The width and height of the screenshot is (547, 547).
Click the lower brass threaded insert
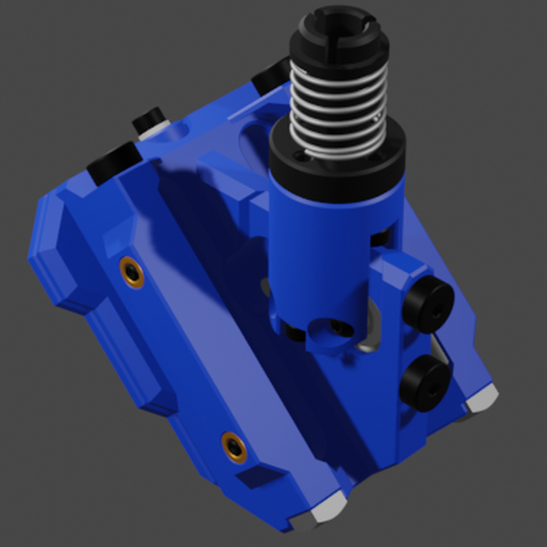click(x=234, y=447)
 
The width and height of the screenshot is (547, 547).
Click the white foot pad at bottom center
click(x=326, y=509)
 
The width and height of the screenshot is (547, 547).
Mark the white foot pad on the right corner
click(x=480, y=397)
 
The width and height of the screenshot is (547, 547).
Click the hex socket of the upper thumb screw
click(x=438, y=308)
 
